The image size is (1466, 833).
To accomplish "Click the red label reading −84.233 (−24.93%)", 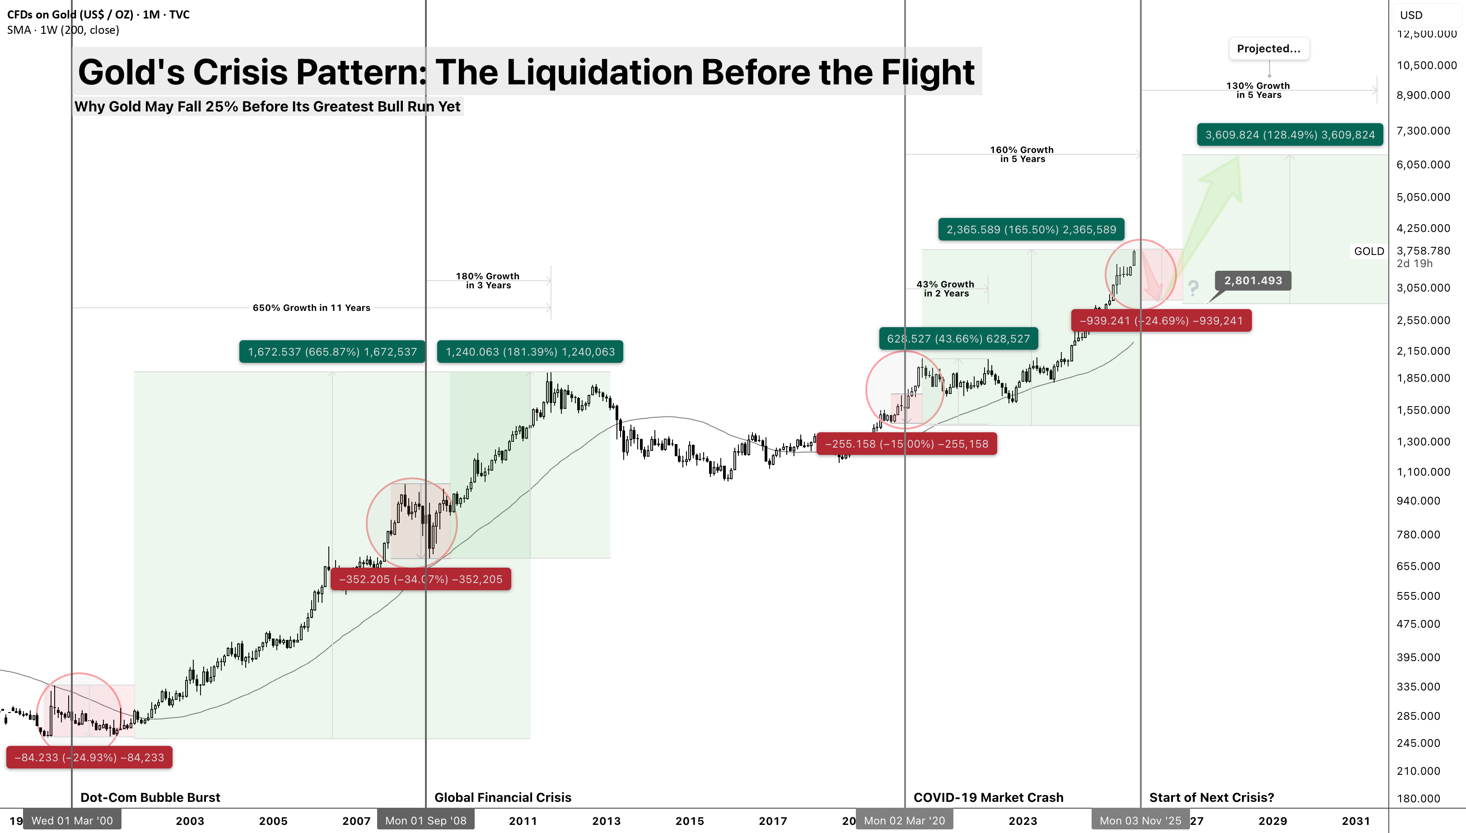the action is tap(89, 758).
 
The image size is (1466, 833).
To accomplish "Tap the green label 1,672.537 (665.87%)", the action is tap(332, 352).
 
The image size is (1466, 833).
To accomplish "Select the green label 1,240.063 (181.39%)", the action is tap(530, 352).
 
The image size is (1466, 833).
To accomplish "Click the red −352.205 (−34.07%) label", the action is tap(421, 579).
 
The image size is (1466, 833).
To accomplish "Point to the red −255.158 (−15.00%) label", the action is tap(907, 444).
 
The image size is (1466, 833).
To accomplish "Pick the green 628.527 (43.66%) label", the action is tap(958, 339).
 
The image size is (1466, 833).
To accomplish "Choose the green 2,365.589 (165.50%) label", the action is tap(1031, 229).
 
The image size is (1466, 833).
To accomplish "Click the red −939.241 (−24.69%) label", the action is tap(1162, 320).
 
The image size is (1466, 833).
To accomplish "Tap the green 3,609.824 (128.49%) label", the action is tap(1290, 134).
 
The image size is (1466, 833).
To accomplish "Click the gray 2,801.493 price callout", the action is tap(1253, 280).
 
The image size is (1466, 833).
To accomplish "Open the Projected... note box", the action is tap(1269, 49).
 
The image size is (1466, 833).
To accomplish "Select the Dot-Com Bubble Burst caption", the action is tap(150, 797).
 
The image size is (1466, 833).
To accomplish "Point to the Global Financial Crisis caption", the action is tap(503, 797).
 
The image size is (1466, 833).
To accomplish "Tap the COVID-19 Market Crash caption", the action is tap(989, 797).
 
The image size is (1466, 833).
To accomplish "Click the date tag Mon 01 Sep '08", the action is tap(426, 820).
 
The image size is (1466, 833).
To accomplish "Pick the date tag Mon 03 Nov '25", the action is tap(1140, 820).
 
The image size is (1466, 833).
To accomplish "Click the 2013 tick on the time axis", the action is tap(606, 821).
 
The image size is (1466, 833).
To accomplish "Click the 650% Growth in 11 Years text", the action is tap(312, 308).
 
